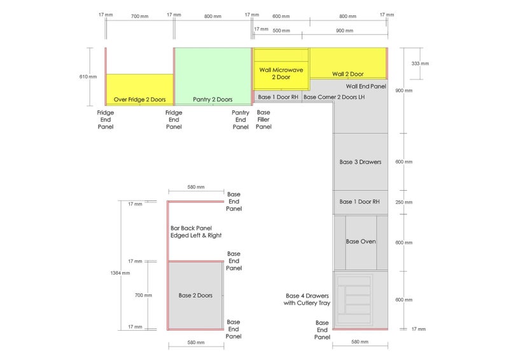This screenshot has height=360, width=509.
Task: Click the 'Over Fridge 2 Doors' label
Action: click(139, 100)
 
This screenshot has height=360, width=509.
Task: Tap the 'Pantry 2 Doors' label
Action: click(213, 100)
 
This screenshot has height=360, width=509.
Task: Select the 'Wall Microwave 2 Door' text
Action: click(281, 73)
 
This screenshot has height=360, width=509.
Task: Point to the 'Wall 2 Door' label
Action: click(347, 74)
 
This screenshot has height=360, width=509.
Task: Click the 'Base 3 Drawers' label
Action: click(360, 162)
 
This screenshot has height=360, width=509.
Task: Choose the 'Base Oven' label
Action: click(361, 242)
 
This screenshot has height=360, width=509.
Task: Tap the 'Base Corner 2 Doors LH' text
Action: click(334, 97)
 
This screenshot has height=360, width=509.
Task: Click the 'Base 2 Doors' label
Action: click(195, 295)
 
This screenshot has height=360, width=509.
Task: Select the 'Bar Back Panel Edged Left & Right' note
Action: click(196, 232)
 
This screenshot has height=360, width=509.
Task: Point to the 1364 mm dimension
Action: click(120, 273)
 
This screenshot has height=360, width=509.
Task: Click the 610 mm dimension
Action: click(88, 76)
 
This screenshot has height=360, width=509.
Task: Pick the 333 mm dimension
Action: click(420, 64)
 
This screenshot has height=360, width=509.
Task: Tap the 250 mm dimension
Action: click(404, 202)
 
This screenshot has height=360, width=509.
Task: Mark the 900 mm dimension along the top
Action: click(344, 31)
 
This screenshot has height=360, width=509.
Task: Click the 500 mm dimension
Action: click(281, 31)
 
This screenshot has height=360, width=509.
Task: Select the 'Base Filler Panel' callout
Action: click(263, 120)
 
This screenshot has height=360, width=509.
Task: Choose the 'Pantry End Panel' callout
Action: click(241, 120)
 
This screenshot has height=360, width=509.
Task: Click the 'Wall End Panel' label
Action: click(366, 87)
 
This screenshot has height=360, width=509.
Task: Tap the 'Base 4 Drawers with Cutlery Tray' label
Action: click(307, 300)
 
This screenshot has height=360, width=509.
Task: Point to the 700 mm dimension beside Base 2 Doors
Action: click(143, 295)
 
